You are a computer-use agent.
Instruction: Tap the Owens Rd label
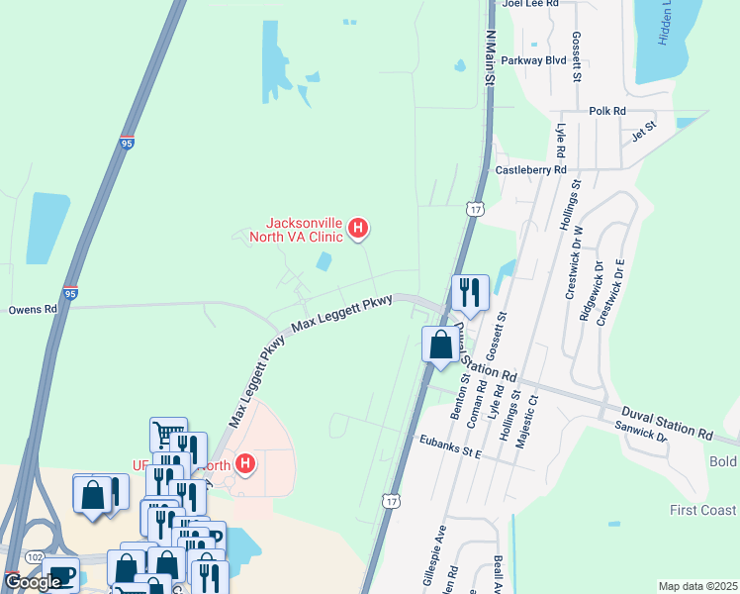(x=33, y=309)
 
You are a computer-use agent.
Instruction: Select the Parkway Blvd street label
(x=533, y=59)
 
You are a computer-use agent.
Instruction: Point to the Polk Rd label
(x=607, y=112)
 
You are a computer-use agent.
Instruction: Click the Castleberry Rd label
(x=530, y=170)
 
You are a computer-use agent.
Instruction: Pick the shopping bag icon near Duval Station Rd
(x=441, y=345)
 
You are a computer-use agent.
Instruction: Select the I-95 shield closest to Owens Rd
(x=70, y=294)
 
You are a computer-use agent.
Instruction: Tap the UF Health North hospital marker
(x=244, y=462)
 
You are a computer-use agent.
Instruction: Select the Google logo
(x=33, y=582)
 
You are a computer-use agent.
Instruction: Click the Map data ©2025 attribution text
(x=696, y=586)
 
